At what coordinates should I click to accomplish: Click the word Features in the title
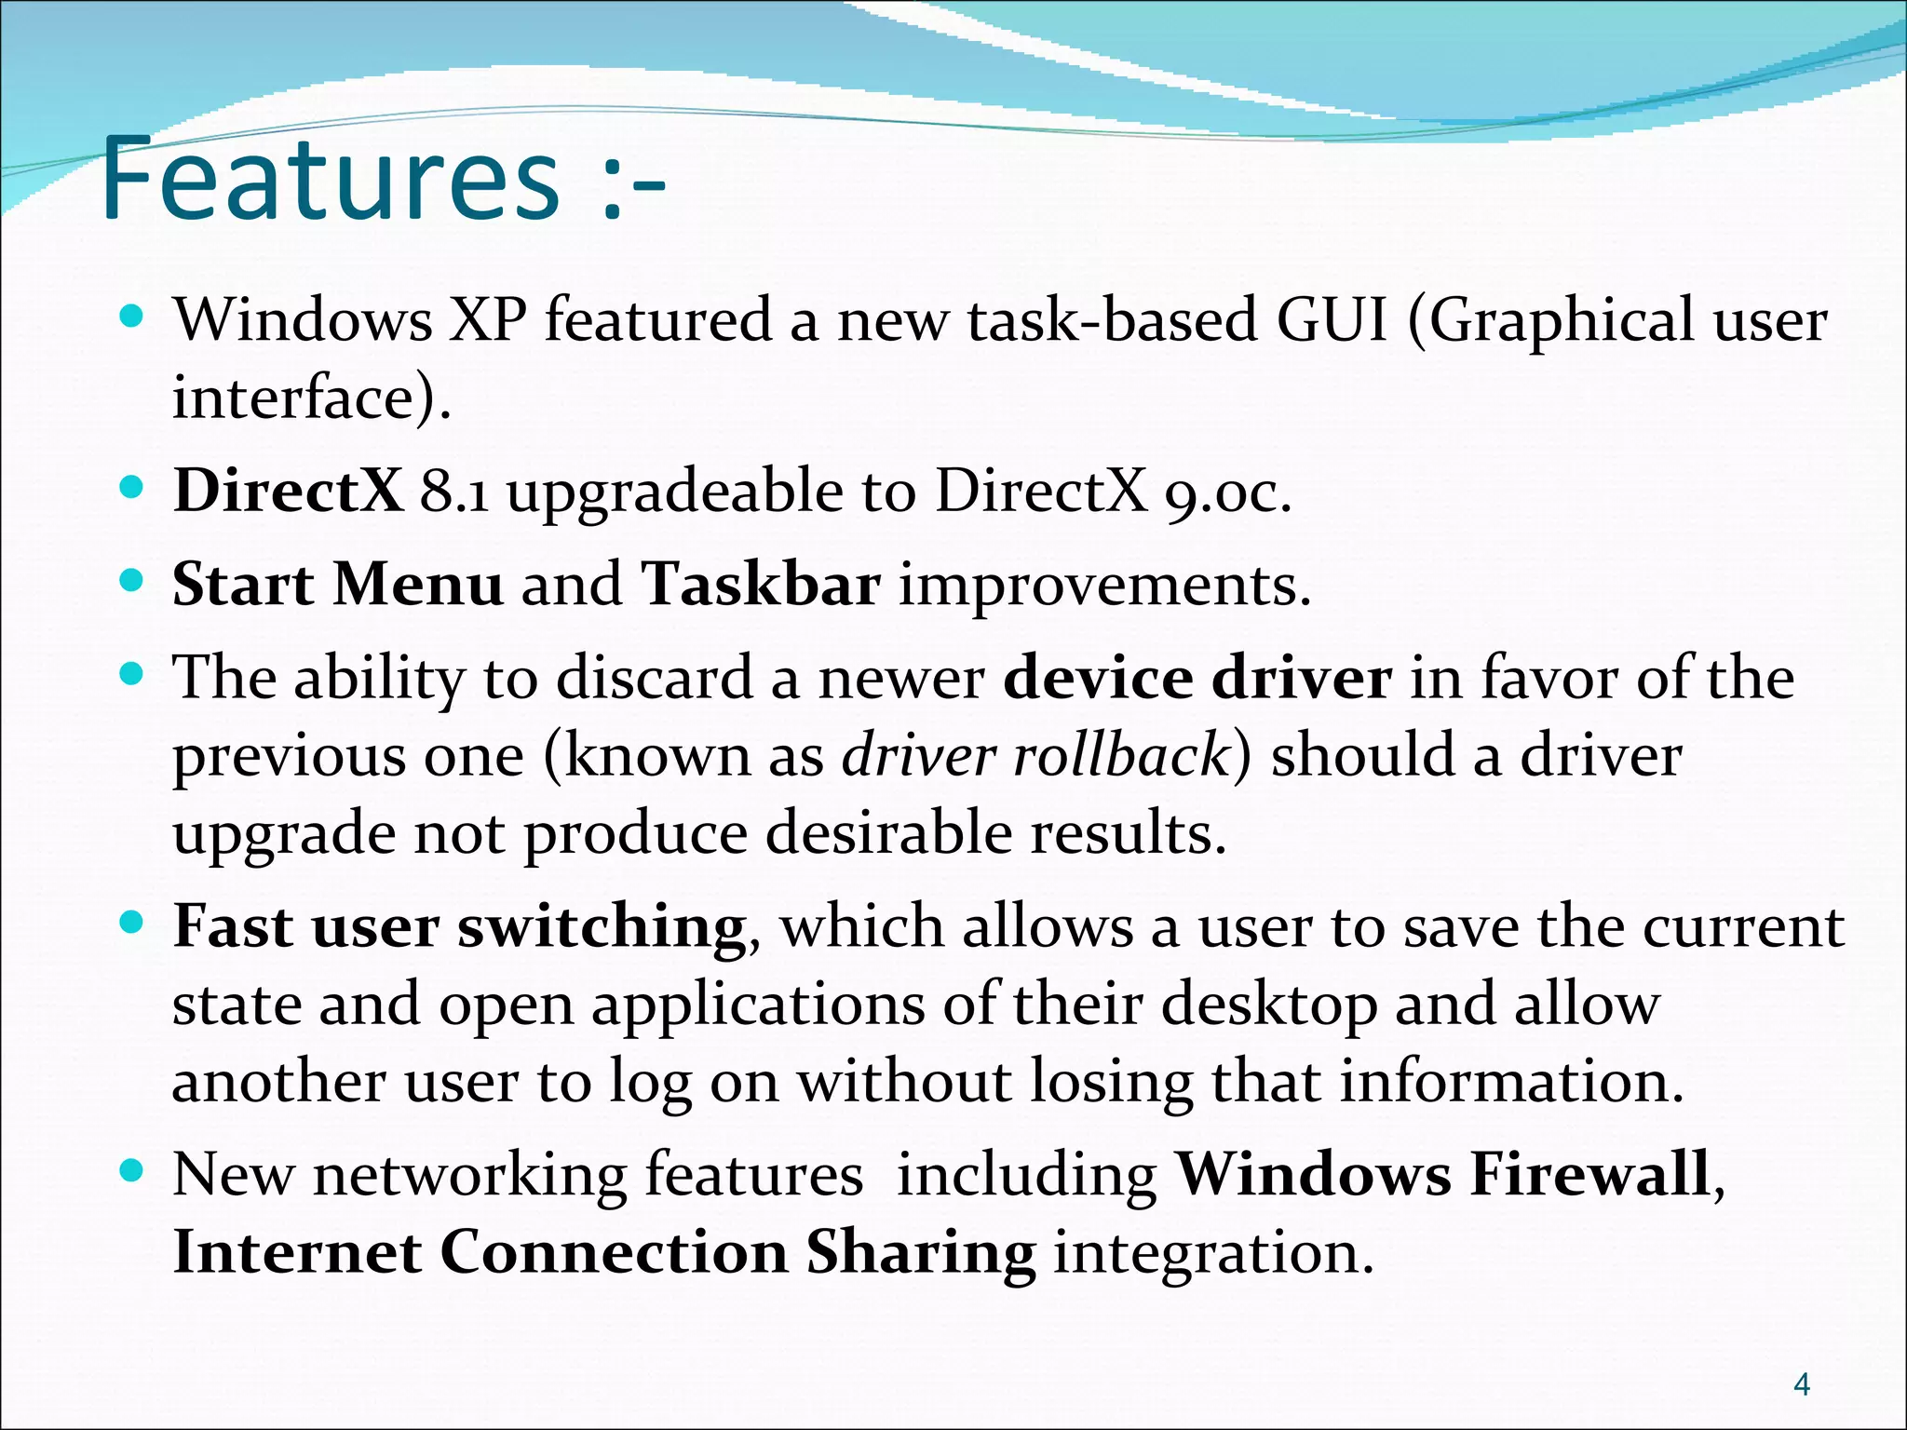[331, 179]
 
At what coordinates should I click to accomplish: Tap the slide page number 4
[1801, 1384]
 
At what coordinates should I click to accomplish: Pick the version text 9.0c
[1227, 492]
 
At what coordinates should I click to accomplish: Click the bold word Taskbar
[761, 585]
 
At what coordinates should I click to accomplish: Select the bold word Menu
[418, 585]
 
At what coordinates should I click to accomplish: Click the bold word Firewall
[1590, 1174]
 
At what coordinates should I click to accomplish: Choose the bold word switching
[602, 928]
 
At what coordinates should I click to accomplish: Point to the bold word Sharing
[920, 1253]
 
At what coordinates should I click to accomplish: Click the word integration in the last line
[1213, 1253]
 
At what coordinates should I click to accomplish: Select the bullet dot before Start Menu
[132, 581]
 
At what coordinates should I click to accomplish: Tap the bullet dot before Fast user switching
[132, 923]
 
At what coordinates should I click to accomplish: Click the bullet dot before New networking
[132, 1169]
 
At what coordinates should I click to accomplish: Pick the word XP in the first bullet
[489, 320]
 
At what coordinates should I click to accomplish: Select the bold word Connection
[614, 1253]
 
